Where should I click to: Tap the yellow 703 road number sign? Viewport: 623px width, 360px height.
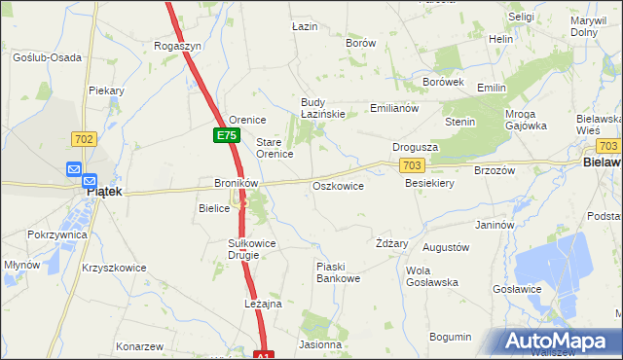pyautogui.click(x=412, y=167)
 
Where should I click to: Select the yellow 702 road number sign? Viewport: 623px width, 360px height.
pyautogui.click(x=84, y=140)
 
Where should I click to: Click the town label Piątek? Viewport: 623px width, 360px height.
pyautogui.click(x=104, y=192)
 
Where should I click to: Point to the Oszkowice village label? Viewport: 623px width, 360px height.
pyautogui.click(x=338, y=186)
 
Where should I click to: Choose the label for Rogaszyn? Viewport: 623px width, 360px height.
pyautogui.click(x=178, y=46)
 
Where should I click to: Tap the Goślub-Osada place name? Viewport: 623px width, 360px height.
pyautogui.click(x=47, y=57)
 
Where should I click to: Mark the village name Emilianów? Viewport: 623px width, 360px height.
pyautogui.click(x=394, y=108)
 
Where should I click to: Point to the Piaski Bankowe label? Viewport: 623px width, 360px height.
pyautogui.click(x=338, y=271)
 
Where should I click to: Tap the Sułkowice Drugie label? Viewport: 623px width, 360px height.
pyautogui.click(x=252, y=248)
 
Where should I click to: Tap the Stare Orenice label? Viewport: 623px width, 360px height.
pyautogui.click(x=275, y=148)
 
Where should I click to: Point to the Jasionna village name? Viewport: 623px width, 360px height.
pyautogui.click(x=321, y=344)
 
